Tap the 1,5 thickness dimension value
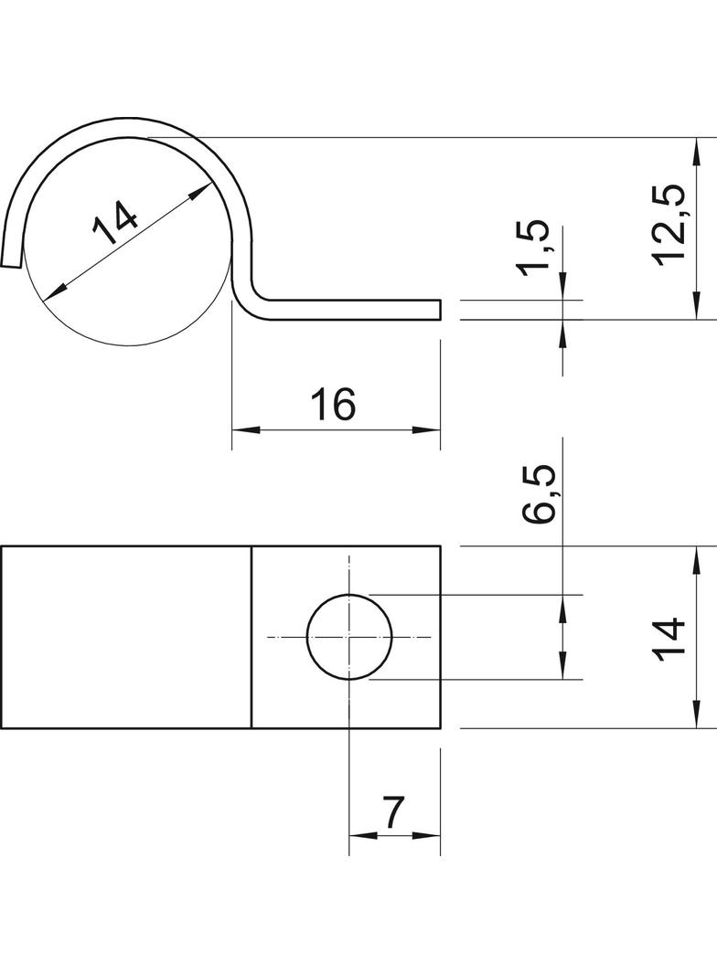coord(533,248)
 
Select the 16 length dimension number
coord(333,404)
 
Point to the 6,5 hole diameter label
coord(537,493)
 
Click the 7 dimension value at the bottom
coord(393,812)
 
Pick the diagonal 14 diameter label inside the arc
coord(115,222)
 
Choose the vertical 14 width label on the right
coord(669,637)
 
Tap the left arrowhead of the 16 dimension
coord(245,429)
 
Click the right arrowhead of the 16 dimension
coord(426,429)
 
